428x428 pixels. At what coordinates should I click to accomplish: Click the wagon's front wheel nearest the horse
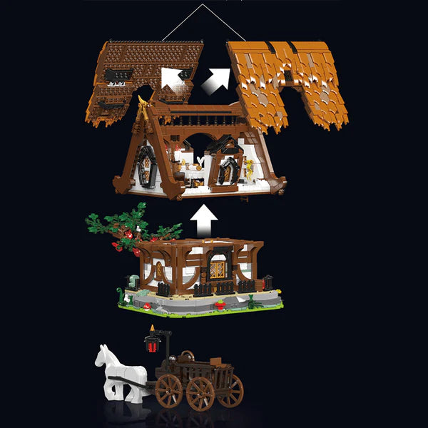169,391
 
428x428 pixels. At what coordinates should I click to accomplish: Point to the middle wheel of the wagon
200,393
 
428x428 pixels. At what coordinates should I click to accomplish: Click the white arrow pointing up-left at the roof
170,76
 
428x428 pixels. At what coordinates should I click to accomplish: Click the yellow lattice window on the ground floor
218,269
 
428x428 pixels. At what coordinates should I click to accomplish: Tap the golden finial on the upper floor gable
143,108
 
